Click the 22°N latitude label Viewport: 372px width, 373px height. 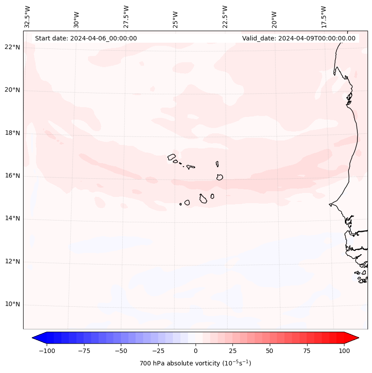click(x=12, y=48)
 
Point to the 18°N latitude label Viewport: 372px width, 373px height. click(x=12, y=133)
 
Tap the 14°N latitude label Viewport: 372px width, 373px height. click(x=12, y=219)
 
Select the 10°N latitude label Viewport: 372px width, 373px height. click(x=12, y=305)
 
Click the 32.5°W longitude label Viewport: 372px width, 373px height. click(x=27, y=16)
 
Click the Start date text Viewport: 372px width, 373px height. click(x=86, y=38)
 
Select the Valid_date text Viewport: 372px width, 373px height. click(x=299, y=38)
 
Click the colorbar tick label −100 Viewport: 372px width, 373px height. click(x=47, y=351)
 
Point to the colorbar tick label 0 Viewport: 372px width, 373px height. click(x=196, y=351)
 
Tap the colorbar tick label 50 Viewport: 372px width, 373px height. click(x=270, y=351)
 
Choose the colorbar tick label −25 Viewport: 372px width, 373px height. click(x=158, y=351)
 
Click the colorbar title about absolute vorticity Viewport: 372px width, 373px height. click(x=195, y=363)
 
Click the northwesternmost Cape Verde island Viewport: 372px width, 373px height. click(x=172, y=156)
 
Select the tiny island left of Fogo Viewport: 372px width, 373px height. click(x=180, y=204)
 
